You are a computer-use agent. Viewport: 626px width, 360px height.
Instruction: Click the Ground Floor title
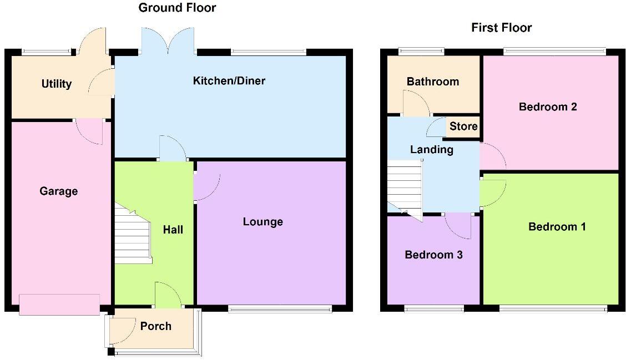177,8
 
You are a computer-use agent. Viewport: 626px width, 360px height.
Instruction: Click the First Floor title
501,28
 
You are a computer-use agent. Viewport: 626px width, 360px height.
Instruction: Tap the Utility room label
57,84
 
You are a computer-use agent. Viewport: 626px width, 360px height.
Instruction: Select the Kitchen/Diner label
229,81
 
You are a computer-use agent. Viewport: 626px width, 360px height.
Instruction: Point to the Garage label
58,191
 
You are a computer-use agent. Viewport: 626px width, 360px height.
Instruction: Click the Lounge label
262,222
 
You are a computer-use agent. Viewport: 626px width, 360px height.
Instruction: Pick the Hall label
173,230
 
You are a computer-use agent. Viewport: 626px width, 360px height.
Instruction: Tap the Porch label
155,326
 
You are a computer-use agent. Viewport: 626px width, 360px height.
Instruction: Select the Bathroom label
433,82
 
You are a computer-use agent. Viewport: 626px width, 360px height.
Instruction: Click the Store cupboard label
463,126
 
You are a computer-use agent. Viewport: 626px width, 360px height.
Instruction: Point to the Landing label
431,149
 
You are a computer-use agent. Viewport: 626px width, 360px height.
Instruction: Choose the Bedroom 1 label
557,227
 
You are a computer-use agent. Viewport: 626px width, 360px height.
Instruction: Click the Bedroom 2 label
548,107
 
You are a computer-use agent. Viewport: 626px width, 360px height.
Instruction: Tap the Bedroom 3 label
433,255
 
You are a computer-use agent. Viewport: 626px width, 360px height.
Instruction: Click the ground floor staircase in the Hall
133,234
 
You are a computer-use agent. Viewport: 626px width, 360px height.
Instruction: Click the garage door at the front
59,305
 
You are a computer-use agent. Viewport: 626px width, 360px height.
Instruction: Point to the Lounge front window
280,308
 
